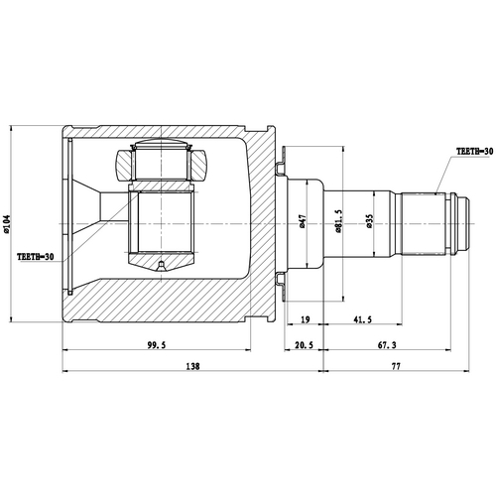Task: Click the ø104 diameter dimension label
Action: (9, 225)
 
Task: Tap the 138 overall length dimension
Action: (191, 366)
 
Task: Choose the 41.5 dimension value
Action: (362, 319)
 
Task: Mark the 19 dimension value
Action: (304, 319)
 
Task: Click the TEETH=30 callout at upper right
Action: (473, 151)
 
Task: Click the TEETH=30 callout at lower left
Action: (35, 257)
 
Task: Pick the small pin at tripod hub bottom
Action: (160, 265)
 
